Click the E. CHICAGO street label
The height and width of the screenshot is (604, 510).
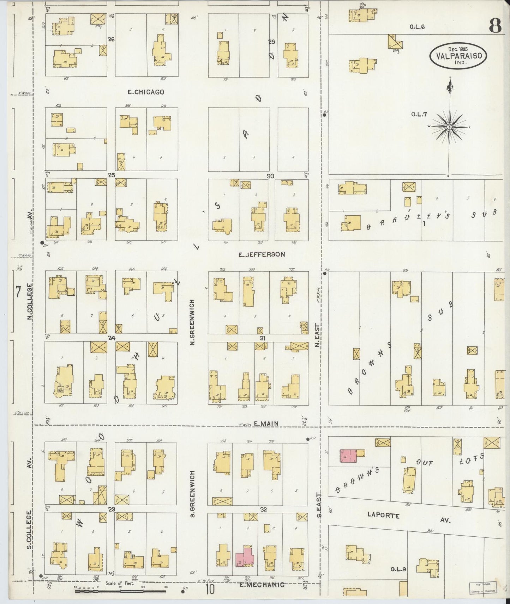click(x=146, y=92)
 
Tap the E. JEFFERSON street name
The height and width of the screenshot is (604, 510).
click(x=262, y=254)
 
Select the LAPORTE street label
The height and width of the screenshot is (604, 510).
click(x=383, y=516)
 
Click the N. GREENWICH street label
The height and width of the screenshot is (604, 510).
click(x=192, y=322)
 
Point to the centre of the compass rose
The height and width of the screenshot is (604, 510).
click(x=449, y=127)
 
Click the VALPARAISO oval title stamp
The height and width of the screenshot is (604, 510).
click(x=458, y=55)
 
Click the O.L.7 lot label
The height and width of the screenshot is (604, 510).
click(x=419, y=114)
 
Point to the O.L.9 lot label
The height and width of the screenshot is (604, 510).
click(x=398, y=569)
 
